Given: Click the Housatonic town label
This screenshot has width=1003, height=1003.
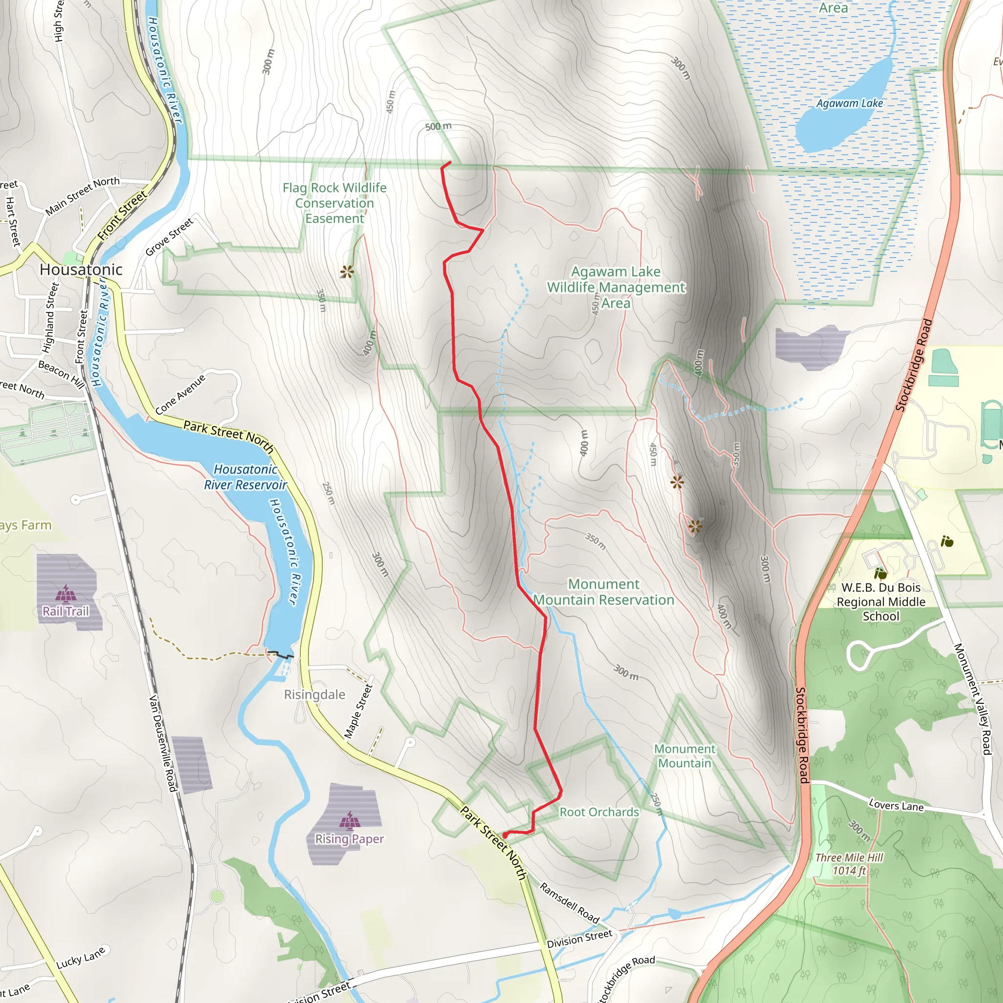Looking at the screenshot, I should [81, 269].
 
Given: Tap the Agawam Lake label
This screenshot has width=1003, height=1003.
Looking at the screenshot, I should [849, 103].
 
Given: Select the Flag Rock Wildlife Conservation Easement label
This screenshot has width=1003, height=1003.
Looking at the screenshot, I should [334, 203].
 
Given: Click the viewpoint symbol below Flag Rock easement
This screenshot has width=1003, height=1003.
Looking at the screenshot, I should [347, 271].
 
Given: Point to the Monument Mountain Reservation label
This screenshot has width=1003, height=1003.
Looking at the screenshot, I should [604, 592].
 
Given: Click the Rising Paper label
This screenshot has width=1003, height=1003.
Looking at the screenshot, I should [349, 839].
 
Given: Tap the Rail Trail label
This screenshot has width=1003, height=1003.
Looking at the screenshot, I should [66, 611].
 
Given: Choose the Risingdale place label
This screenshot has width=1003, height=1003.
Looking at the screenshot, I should [314, 694].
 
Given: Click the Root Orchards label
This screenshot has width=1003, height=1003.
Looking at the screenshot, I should [599, 812].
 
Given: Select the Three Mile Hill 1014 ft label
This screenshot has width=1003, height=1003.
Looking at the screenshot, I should [849, 864].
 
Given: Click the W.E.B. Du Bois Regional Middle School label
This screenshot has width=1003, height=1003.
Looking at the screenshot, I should [881, 602].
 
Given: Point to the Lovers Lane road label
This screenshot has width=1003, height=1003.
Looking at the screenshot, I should [896, 806].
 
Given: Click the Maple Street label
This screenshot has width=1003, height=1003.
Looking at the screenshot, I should [358, 711].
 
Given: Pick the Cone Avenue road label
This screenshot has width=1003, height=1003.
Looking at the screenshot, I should [180, 394].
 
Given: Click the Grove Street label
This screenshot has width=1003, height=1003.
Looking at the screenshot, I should [169, 237].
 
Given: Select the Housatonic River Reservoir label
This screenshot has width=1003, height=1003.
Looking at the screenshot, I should [245, 477].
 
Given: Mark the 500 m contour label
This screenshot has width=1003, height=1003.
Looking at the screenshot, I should [438, 126].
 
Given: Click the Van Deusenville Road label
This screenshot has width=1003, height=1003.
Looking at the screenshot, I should [163, 743].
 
